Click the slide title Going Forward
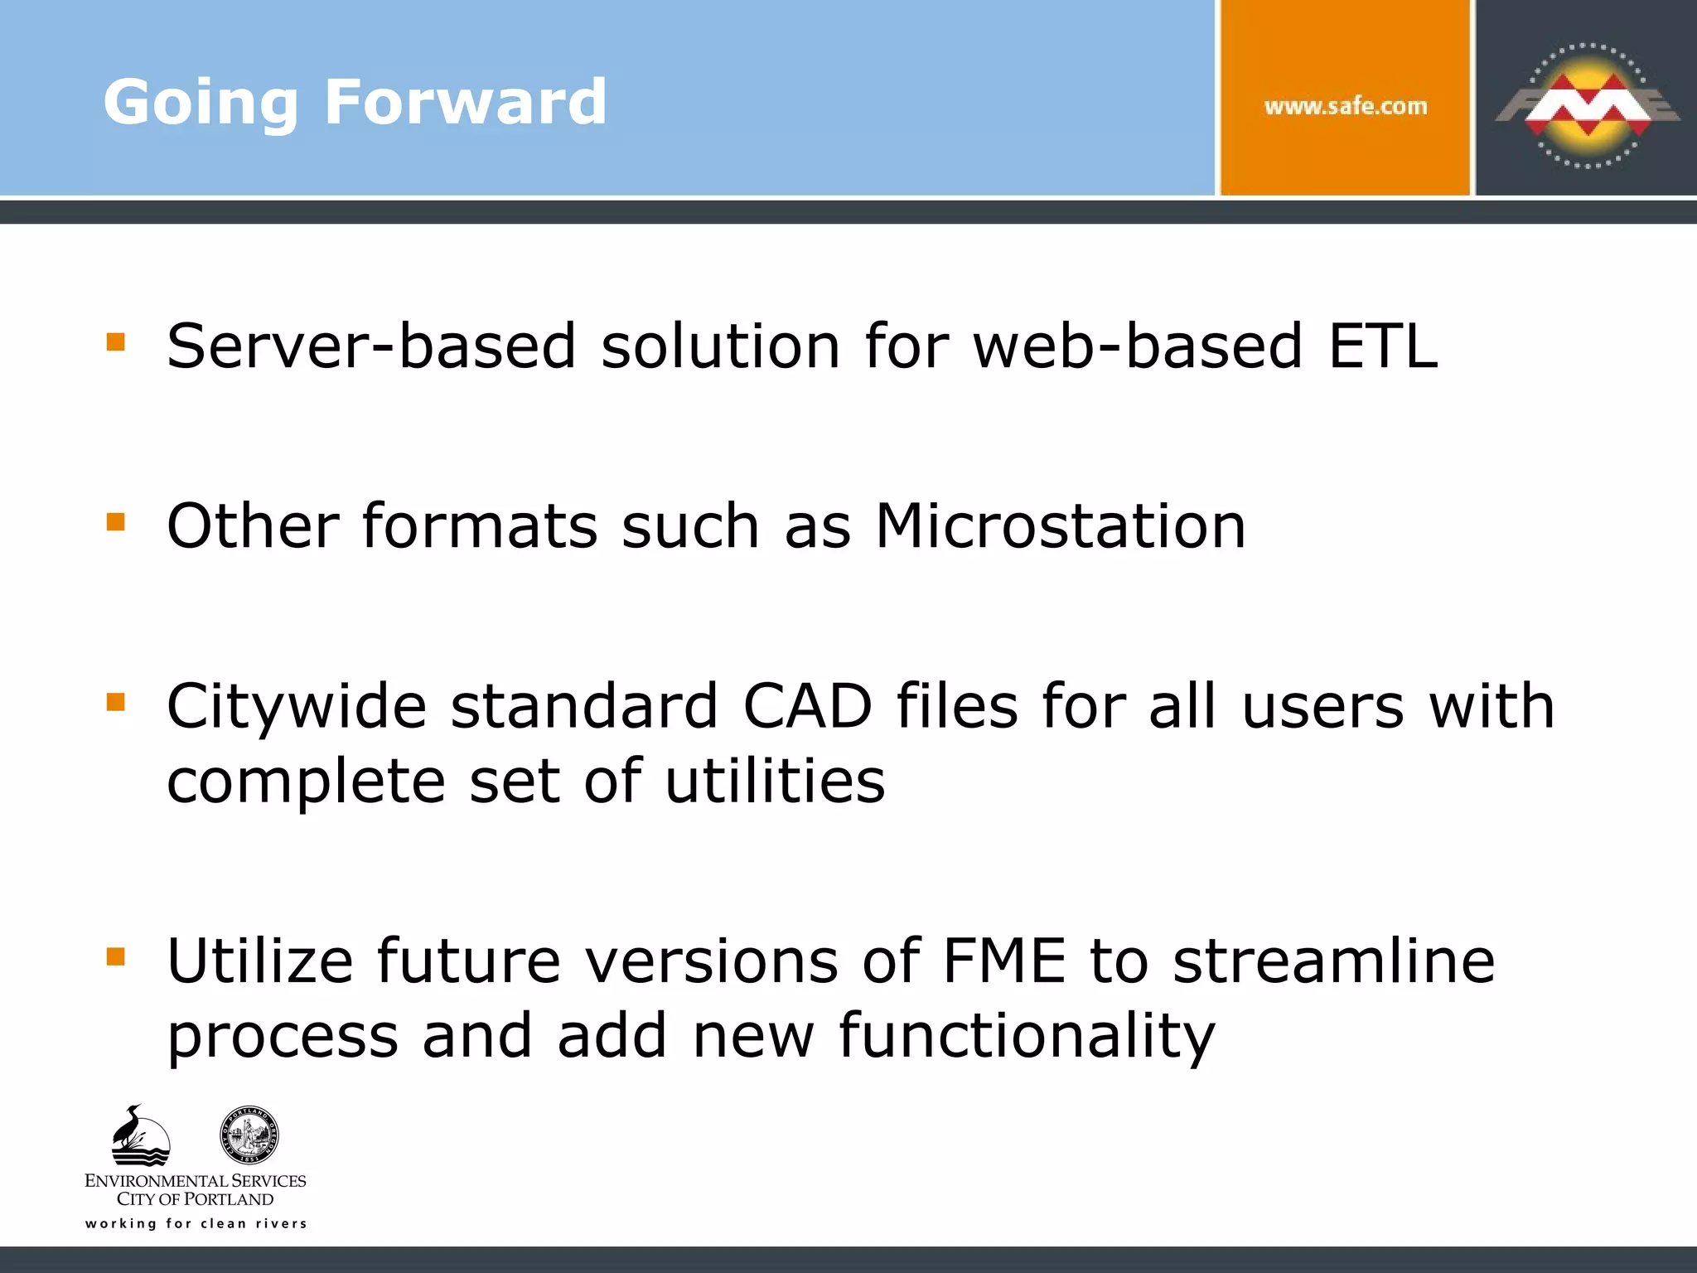coord(355,102)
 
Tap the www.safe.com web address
coord(1346,106)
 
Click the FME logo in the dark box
coord(1587,106)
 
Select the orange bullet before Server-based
coord(116,341)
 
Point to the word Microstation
coord(1061,526)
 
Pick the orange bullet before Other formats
coord(116,521)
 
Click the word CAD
coord(807,706)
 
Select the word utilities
coord(775,781)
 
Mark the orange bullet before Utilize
coord(116,957)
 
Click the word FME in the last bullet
coord(1004,961)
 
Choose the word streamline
coord(1334,961)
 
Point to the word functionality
coord(1026,1036)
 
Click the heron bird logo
coord(139,1135)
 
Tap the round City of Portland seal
coord(249,1135)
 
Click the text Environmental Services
coord(196,1180)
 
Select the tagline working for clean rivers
coord(196,1223)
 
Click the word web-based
coord(1138,346)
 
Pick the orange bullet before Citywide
coord(116,703)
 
